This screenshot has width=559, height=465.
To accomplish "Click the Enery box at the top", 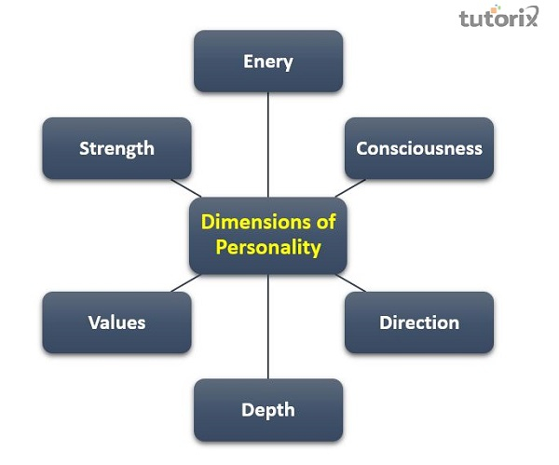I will [x=268, y=62].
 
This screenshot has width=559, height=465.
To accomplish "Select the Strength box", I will [x=116, y=148].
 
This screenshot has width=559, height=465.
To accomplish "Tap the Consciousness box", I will [x=419, y=148].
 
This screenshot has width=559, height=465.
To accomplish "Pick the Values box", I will [x=116, y=322].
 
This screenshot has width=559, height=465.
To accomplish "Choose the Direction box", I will [x=419, y=322].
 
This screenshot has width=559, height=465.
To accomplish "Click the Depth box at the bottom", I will [x=268, y=409].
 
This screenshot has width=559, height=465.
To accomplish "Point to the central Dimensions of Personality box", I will [x=268, y=235].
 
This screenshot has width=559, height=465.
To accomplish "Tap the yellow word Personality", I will [x=268, y=248].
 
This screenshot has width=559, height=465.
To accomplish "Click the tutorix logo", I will [x=498, y=18].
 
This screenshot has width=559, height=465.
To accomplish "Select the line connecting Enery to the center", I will [x=268, y=144].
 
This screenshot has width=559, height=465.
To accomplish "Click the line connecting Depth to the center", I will [x=268, y=326].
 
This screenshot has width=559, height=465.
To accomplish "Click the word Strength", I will [x=116, y=148].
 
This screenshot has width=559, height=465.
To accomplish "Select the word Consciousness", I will [x=419, y=148].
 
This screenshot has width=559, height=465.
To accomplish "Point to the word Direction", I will [x=419, y=322].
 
